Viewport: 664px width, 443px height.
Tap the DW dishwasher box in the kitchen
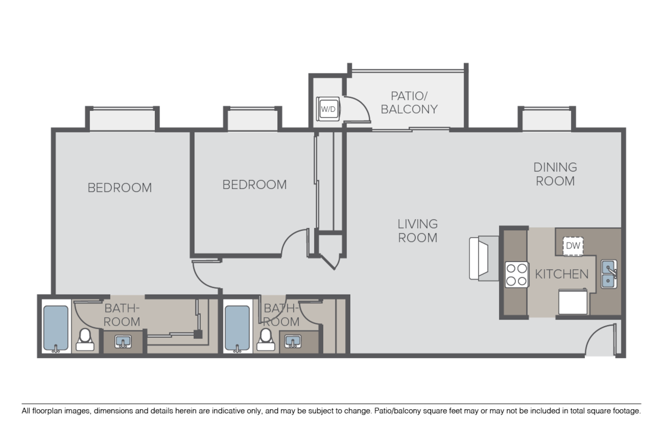[x=573, y=245]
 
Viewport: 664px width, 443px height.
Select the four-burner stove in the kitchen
[x=516, y=274]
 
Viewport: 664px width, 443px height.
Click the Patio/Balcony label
[x=409, y=102]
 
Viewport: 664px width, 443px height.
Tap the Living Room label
[x=417, y=231]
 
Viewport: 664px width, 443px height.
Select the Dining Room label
[x=554, y=174]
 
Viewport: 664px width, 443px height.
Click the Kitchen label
[x=561, y=274]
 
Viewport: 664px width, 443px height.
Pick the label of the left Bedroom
[x=120, y=188]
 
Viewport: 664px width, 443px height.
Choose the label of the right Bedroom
[x=255, y=184]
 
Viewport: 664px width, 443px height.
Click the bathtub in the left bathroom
[x=56, y=329]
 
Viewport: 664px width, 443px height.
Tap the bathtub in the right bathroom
[x=237, y=329]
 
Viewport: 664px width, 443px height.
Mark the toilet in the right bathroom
[x=267, y=339]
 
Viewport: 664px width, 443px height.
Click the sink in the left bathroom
[x=123, y=342]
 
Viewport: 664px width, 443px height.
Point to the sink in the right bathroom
[x=292, y=342]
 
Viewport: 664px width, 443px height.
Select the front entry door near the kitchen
[x=600, y=341]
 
